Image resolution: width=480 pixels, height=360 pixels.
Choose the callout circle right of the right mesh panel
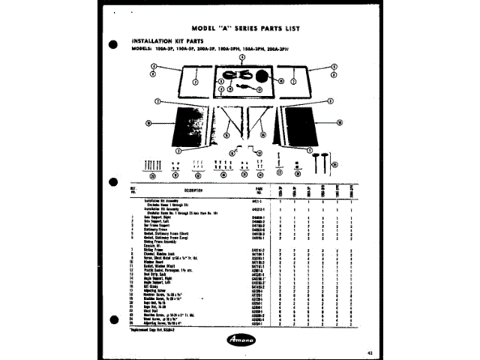339,121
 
